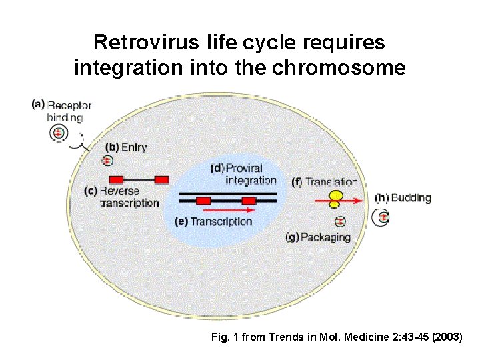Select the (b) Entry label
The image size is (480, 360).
coord(126,147)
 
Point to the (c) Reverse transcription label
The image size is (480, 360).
coord(122,197)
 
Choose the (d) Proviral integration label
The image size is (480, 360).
coord(243,174)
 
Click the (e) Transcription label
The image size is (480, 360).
coord(213,221)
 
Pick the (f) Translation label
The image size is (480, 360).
coord(325,181)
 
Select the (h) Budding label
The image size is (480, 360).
coord(403,197)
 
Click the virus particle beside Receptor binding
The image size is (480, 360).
coord(59,134)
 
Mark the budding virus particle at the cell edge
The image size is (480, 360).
coord(383,217)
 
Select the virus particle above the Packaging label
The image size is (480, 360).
coord(341,221)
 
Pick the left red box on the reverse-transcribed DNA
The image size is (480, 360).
coord(117,179)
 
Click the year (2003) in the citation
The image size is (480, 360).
coord(447,337)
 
